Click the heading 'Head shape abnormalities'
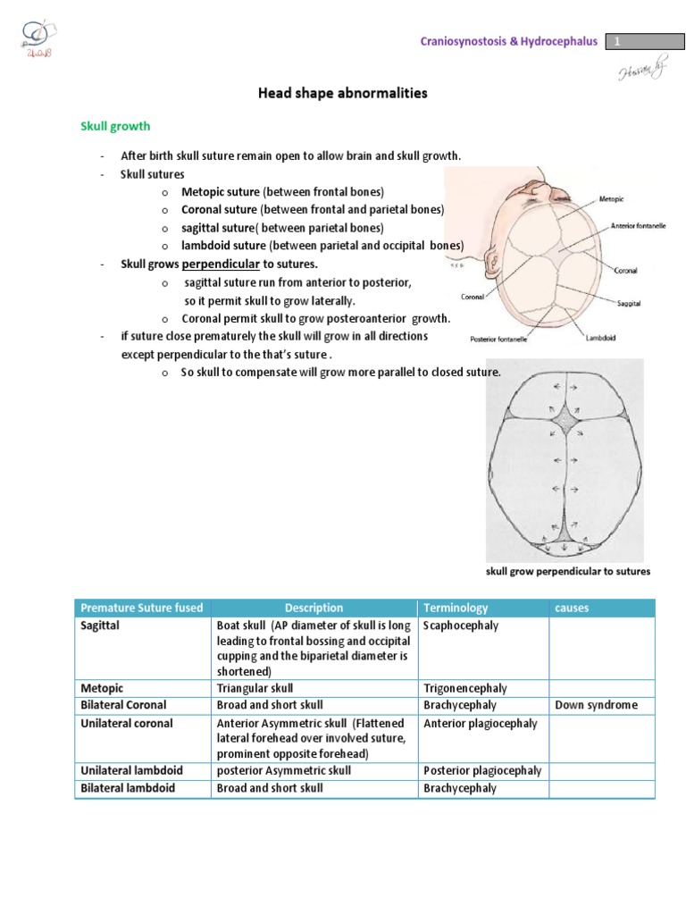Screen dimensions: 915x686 [343, 93]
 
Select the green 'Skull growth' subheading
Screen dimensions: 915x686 [116, 127]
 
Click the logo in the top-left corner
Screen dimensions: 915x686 [36, 37]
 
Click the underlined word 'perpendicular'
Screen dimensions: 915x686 [221, 264]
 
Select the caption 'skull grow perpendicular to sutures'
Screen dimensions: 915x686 [567, 571]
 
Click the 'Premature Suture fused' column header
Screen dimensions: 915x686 [141, 608]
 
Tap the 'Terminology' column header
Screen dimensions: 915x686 [456, 608]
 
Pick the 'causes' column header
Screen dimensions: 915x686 [573, 608]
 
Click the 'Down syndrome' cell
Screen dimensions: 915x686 [596, 705]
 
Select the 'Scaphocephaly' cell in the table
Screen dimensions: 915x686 [460, 625]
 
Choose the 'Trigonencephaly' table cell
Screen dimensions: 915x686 [464, 688]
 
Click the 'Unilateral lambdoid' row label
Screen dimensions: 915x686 [129, 770]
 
